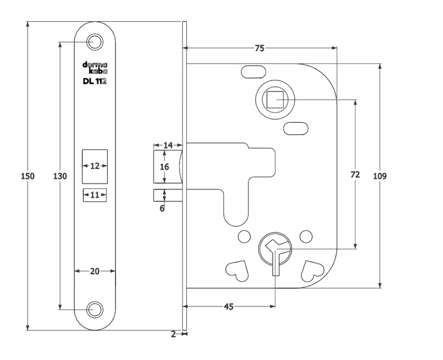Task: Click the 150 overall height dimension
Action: tap(27, 176)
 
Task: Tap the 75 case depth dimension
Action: tap(260, 48)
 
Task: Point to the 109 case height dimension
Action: tap(380, 176)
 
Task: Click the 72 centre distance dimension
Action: tap(355, 174)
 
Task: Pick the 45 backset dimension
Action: tap(229, 306)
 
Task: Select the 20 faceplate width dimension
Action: tap(94, 271)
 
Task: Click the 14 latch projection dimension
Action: tap(168, 145)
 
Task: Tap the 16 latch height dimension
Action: tap(164, 167)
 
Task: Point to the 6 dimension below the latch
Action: tap(162, 208)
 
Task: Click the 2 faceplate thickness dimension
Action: tap(173, 334)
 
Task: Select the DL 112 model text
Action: tap(94, 81)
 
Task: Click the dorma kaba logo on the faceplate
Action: tap(95, 67)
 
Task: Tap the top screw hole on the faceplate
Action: tap(94, 42)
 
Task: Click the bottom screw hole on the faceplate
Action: tap(94, 310)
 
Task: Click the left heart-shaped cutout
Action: tap(237, 270)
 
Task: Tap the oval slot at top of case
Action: tap(253, 71)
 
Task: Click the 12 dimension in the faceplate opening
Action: tap(95, 166)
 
